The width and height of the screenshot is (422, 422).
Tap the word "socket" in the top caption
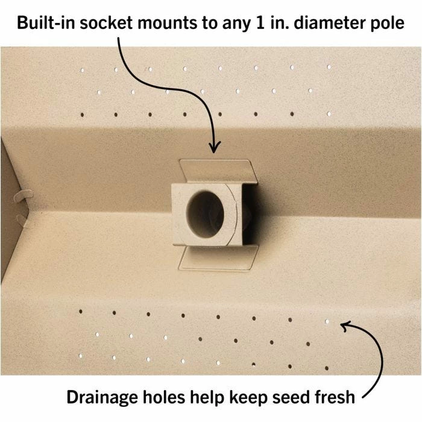tap(106, 23)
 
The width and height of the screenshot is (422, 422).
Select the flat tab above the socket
tap(218, 171)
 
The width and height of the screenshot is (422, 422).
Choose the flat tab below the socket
tap(218, 258)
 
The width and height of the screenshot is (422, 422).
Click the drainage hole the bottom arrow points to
tap(327, 321)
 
